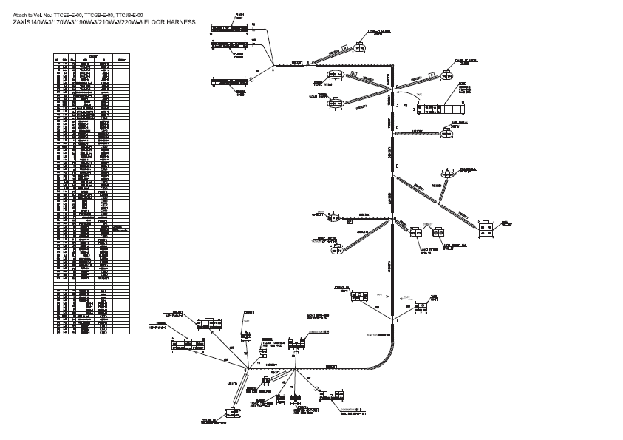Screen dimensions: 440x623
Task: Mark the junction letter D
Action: (397, 128)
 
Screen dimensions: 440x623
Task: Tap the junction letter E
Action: (397, 166)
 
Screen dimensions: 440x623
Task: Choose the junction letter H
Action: (395, 218)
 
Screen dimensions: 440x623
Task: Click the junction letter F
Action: (396, 319)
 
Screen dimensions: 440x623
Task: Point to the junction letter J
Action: (397, 106)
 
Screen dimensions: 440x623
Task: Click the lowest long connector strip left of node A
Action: (231, 82)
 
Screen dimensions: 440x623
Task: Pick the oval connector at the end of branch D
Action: (448, 132)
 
